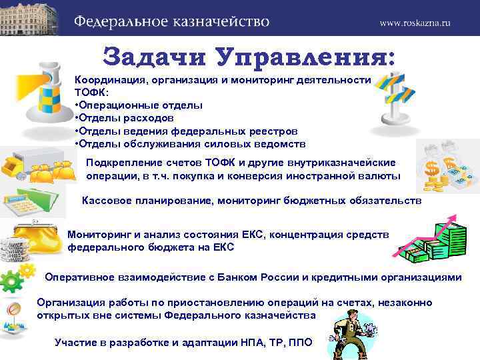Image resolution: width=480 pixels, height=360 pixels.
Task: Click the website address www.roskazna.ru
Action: pyautogui.click(x=415, y=22)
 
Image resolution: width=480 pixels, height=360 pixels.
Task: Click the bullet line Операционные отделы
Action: pyautogui.click(x=139, y=105)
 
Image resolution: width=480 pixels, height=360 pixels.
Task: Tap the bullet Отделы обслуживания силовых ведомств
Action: pyautogui.click(x=190, y=143)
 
